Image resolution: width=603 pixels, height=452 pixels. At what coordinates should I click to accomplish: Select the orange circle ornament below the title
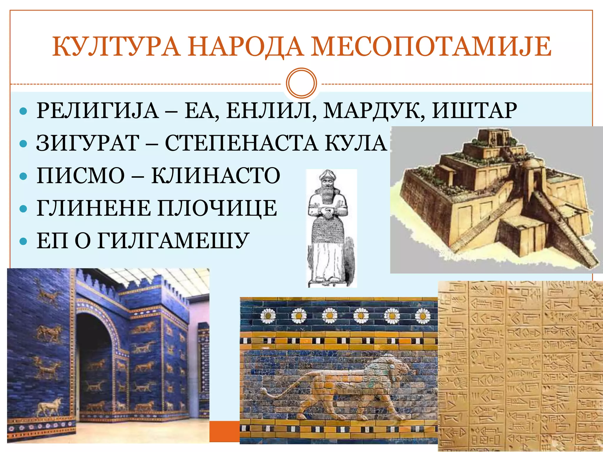[x=301, y=83]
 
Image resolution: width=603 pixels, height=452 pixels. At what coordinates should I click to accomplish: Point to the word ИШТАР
[x=474, y=111]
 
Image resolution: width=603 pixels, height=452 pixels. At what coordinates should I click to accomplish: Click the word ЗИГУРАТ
[x=88, y=143]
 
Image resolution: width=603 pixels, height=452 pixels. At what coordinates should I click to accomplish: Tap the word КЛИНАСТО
[x=216, y=176]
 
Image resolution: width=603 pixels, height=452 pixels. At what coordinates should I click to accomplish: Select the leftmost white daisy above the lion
[x=268, y=316]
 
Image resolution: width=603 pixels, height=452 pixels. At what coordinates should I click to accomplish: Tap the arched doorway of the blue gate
[x=94, y=362]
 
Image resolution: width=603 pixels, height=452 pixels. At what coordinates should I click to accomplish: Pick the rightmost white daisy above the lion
[x=423, y=316]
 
